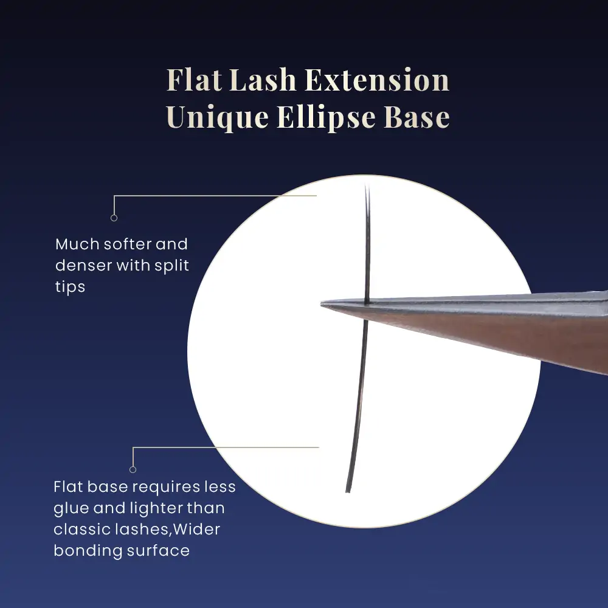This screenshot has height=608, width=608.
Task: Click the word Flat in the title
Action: tap(194, 80)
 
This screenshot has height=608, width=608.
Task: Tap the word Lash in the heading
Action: tap(263, 80)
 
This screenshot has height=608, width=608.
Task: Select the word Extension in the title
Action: tap(377, 80)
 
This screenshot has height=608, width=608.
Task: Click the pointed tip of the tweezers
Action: tap(322, 305)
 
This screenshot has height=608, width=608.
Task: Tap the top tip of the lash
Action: tap(365, 186)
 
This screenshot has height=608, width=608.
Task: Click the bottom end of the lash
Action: tap(348, 491)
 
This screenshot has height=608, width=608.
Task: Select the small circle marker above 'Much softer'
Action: tap(114, 218)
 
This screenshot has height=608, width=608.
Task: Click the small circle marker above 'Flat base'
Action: tap(133, 469)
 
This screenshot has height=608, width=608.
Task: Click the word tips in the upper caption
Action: tap(70, 288)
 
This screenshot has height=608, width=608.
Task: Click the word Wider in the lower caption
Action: tap(196, 530)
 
